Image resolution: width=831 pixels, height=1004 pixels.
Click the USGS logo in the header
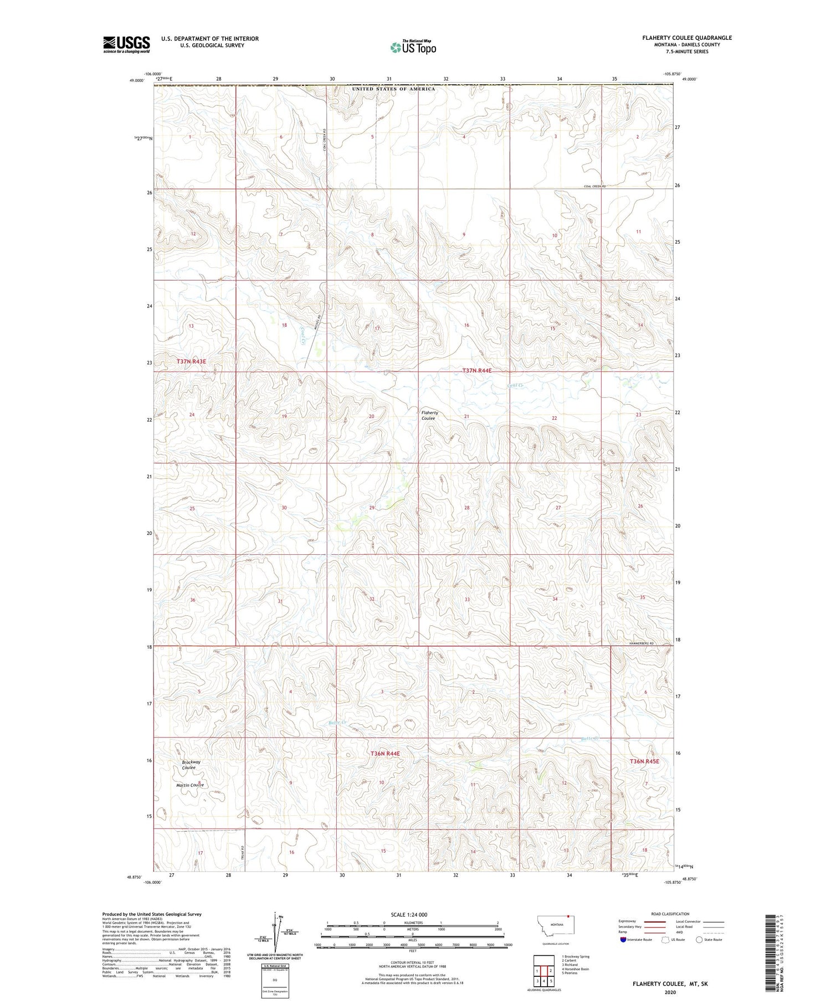[126, 44]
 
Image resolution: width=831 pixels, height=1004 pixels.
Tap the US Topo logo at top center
[413, 48]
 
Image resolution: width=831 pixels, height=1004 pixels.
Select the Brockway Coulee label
[191, 765]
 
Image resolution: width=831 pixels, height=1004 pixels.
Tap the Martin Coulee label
[190, 785]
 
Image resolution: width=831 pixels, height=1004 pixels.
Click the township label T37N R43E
[191, 362]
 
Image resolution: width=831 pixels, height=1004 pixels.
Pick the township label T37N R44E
[477, 370]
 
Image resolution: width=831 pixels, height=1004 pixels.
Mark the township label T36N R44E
[385, 754]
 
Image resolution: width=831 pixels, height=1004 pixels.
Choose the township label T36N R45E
[644, 761]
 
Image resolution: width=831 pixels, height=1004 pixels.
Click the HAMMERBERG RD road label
[642, 643]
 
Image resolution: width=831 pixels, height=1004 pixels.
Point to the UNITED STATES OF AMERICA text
[394, 89]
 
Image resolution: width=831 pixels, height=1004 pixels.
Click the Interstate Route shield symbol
[623, 940]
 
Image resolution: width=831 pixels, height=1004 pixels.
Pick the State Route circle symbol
[699, 940]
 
